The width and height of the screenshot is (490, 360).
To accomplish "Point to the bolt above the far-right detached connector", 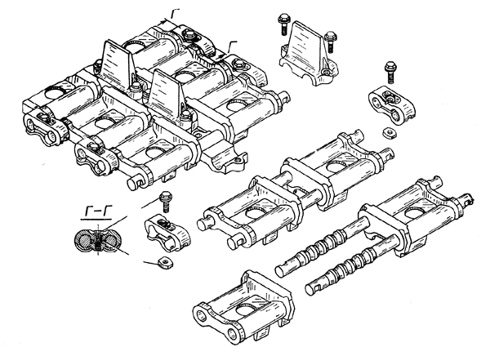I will click(x=388, y=71).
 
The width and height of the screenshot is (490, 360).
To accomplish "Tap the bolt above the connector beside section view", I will click(x=167, y=198).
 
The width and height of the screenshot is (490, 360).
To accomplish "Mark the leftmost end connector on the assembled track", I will click(x=40, y=127).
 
